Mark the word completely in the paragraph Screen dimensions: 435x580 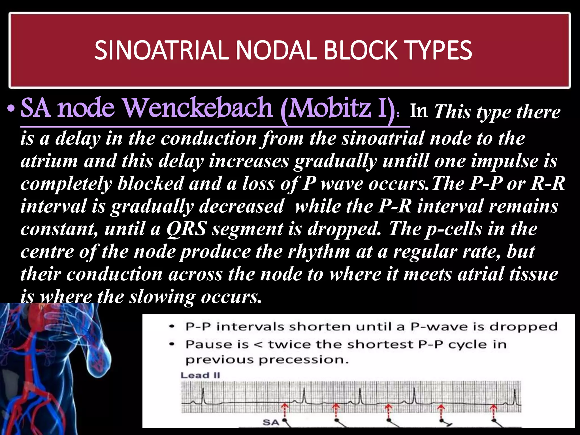(66, 184)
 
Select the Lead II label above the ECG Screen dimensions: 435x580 (200, 376)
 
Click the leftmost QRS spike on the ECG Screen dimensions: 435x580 (203, 395)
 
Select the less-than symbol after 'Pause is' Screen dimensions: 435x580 (258, 345)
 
